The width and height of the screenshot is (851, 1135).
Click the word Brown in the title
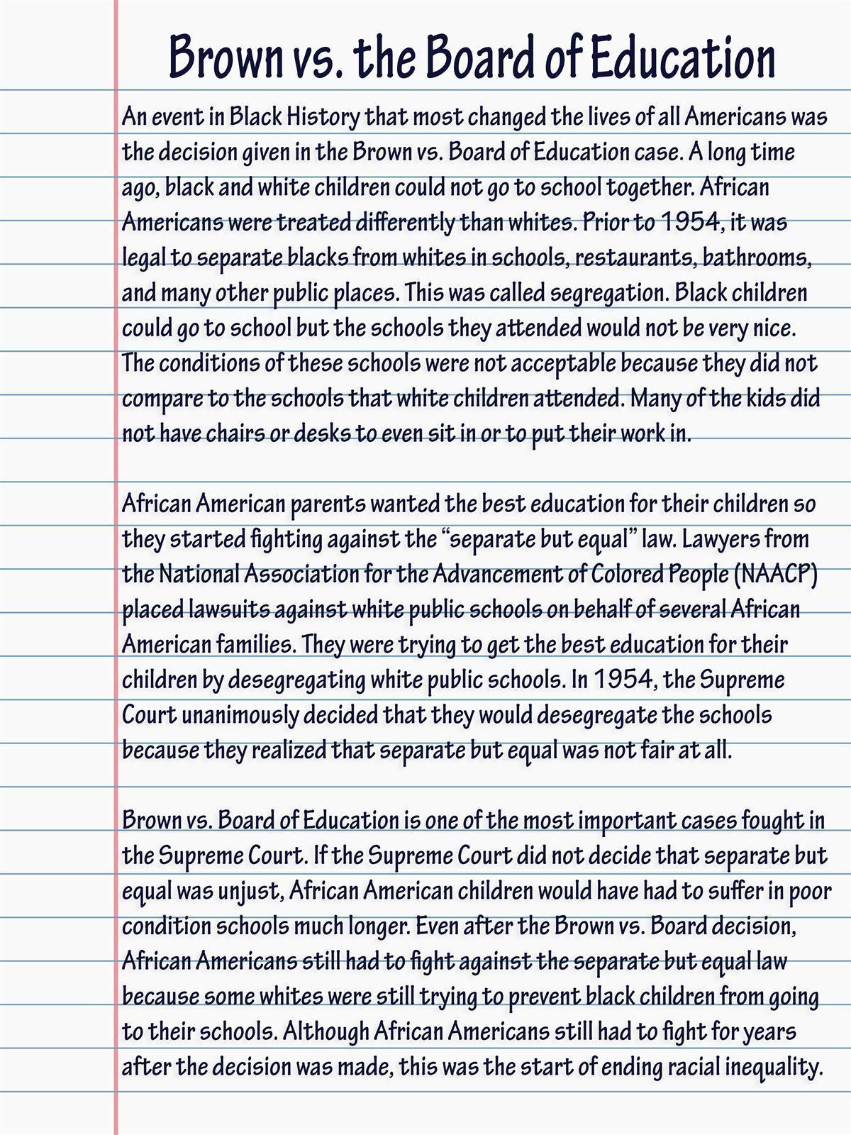click(225, 57)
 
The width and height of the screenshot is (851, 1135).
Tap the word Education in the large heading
click(682, 57)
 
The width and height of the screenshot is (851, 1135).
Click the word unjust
click(250, 891)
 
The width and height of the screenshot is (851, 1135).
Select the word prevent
click(544, 997)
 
